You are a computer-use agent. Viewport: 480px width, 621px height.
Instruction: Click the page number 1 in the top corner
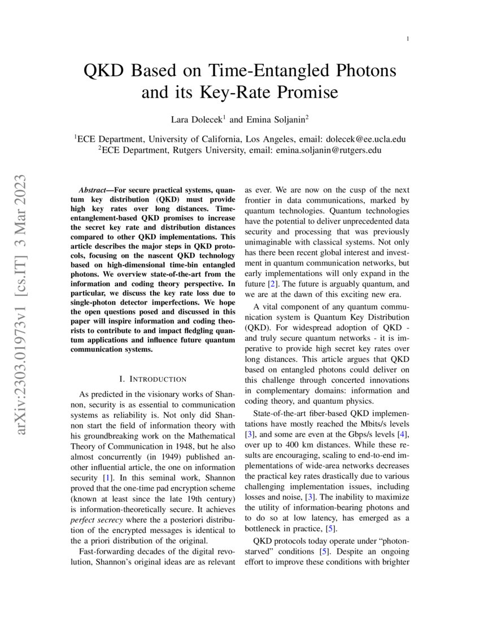click(407, 38)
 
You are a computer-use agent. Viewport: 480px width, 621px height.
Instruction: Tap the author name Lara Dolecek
click(197, 120)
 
